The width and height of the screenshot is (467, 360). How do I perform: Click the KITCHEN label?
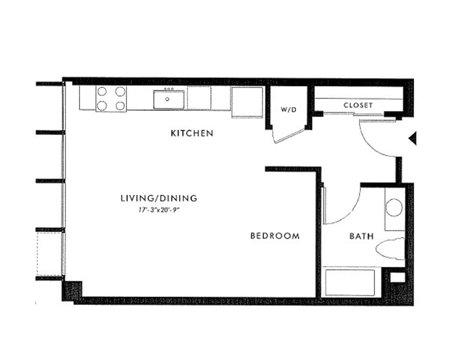192,133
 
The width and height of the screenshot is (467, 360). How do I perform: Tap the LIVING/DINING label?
159,198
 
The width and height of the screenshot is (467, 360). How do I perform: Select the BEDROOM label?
275,235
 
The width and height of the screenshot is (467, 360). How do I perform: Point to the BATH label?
361,236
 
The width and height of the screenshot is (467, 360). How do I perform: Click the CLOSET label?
358,105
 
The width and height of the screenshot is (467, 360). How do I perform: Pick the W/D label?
288,110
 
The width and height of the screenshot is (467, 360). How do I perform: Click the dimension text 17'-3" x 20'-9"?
159,209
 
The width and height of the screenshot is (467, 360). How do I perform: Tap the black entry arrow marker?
412,139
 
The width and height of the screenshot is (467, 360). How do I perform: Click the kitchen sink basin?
168,99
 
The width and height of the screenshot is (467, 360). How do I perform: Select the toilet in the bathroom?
391,249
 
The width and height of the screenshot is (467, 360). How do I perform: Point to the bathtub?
349,282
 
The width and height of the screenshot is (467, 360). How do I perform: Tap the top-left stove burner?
102,91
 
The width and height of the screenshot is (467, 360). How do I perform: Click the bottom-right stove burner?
121,105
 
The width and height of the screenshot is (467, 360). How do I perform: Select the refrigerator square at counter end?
247,102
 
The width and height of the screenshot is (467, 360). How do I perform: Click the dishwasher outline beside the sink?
199,98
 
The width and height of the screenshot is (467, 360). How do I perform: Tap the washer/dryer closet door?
288,136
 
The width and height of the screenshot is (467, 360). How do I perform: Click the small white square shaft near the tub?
397,277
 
